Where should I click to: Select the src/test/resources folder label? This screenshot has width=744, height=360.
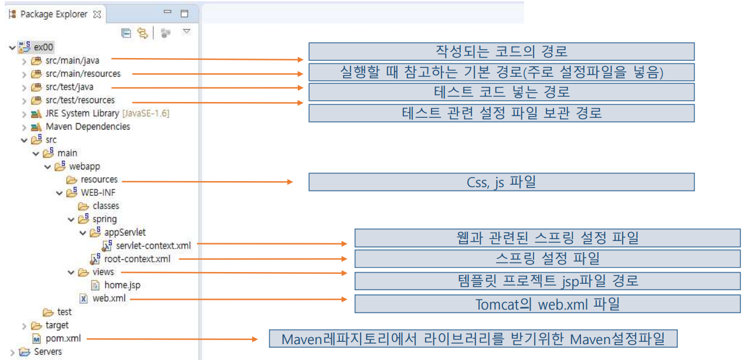[x=80, y=100]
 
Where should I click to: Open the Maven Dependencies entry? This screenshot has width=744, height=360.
[x=87, y=126]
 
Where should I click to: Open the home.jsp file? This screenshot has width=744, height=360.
[x=122, y=285]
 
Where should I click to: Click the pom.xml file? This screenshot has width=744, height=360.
[x=63, y=338]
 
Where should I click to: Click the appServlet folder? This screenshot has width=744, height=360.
[x=124, y=232]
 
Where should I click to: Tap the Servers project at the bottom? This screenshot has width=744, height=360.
[x=47, y=352]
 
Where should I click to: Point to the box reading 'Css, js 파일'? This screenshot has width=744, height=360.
[x=501, y=182]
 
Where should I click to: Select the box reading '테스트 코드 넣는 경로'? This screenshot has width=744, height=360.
[x=501, y=92]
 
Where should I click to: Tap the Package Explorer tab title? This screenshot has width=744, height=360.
[x=53, y=13]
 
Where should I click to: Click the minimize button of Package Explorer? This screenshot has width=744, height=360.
[x=167, y=12]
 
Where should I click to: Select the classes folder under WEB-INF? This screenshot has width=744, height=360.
[x=106, y=206]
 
